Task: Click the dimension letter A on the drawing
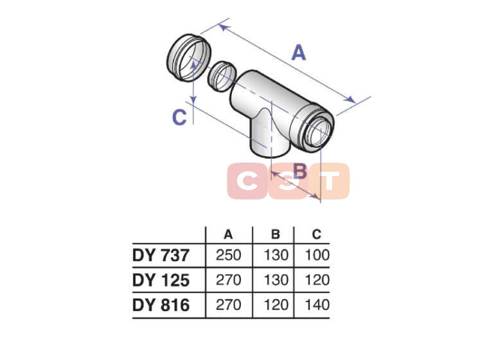[299, 53]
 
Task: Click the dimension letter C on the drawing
[179, 117]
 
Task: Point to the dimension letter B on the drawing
[300, 171]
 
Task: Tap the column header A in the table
[228, 235]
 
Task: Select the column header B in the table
[276, 235]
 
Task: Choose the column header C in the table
[316, 235]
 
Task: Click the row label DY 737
[161, 255]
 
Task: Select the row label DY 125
[161, 280]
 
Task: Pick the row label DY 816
[161, 305]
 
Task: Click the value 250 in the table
[228, 255]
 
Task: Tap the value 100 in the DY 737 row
[317, 255]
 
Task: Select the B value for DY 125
[276, 280]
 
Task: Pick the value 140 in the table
[317, 305]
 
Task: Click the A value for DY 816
[228, 305]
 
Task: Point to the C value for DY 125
[317, 280]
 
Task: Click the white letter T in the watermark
[329, 181]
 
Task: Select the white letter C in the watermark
[247, 181]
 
